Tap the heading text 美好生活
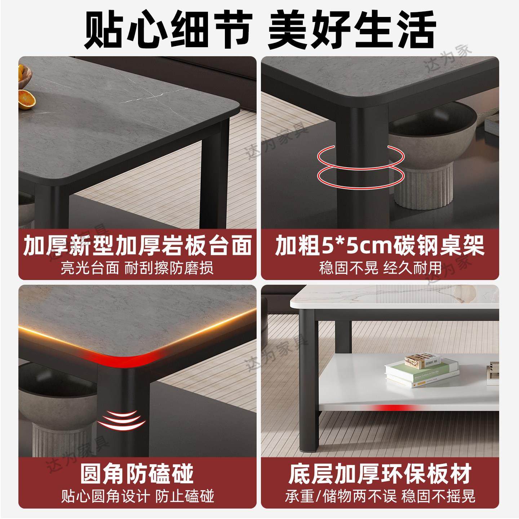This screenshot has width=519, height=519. tap(351, 30)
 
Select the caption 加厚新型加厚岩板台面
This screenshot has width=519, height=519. tap(137, 246)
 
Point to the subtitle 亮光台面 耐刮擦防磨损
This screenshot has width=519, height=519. tap(137, 268)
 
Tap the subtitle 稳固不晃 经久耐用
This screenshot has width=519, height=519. tap(380, 268)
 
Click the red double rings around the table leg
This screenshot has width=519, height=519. tap(360, 165)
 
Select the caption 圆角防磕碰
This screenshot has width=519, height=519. tap(137, 473)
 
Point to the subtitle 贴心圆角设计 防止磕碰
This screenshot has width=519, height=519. tap(137, 496)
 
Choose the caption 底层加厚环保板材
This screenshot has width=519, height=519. tap(380, 473)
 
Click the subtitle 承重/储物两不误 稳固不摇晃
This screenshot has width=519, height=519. tap(380, 496)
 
